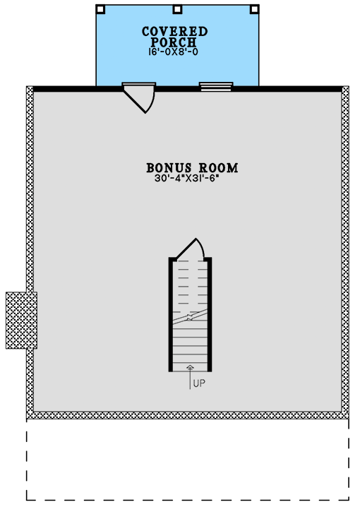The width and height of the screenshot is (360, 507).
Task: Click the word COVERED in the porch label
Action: [x=174, y=32]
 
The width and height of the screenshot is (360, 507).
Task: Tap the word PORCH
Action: [x=174, y=42]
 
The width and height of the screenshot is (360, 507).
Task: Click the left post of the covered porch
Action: [x=100, y=10]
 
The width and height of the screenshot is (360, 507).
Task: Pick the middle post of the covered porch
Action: [x=177, y=10]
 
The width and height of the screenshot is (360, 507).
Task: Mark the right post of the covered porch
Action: [x=254, y=10]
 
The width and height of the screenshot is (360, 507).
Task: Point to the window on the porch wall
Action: [x=216, y=87]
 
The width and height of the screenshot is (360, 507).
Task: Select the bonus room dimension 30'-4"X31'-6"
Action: [x=192, y=179]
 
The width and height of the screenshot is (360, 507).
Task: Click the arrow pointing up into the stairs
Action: [x=190, y=374]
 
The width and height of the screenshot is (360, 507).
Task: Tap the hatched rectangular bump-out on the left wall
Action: [x=21, y=320]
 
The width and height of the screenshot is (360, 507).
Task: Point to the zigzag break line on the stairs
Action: [x=190, y=316]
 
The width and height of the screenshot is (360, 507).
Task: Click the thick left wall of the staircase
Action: [x=171, y=314]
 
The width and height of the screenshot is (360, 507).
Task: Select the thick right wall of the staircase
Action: [x=210, y=314]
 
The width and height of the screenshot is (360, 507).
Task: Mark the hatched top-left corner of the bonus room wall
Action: [x=30, y=90]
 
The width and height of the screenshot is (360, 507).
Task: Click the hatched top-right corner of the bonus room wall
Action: [x=345, y=90]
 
